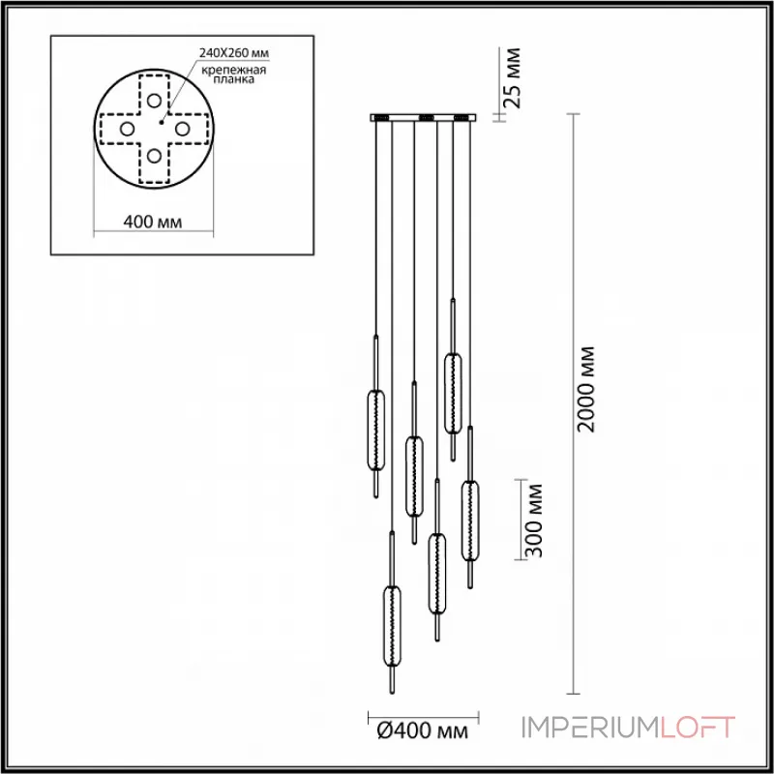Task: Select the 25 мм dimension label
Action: pos(515,75)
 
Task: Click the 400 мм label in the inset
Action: pos(155,223)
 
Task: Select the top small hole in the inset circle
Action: pos(154,100)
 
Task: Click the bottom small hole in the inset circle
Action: pos(154,154)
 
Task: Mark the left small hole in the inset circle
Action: pos(127,127)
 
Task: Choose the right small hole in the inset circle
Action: pos(181,127)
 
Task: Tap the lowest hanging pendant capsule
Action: pos(392,627)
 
